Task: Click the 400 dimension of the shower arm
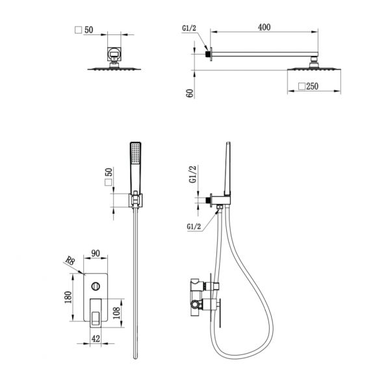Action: pyautogui.click(x=264, y=27)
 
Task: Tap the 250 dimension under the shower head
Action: pyautogui.click(x=312, y=86)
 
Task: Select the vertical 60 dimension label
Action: pyautogui.click(x=190, y=93)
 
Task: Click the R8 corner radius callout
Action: pyautogui.click(x=70, y=261)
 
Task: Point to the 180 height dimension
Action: pyautogui.click(x=68, y=297)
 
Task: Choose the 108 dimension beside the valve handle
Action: pyautogui.click(x=116, y=313)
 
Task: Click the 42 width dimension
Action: pyautogui.click(x=96, y=339)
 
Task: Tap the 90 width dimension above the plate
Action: pyautogui.click(x=96, y=253)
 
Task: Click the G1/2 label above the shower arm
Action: pyautogui.click(x=189, y=28)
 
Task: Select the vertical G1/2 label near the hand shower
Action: pyautogui.click(x=193, y=174)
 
